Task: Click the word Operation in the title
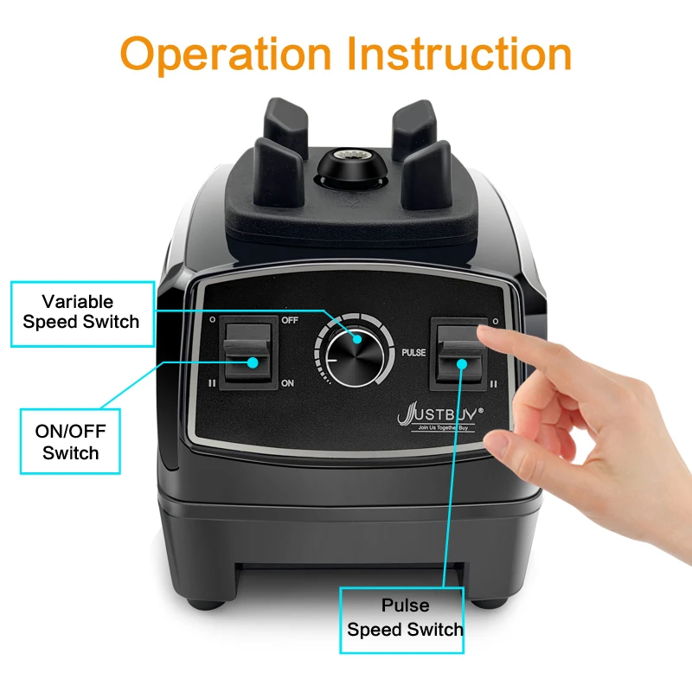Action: coord(227,54)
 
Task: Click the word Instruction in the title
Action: coord(459,54)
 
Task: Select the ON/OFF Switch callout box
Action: coord(71,441)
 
